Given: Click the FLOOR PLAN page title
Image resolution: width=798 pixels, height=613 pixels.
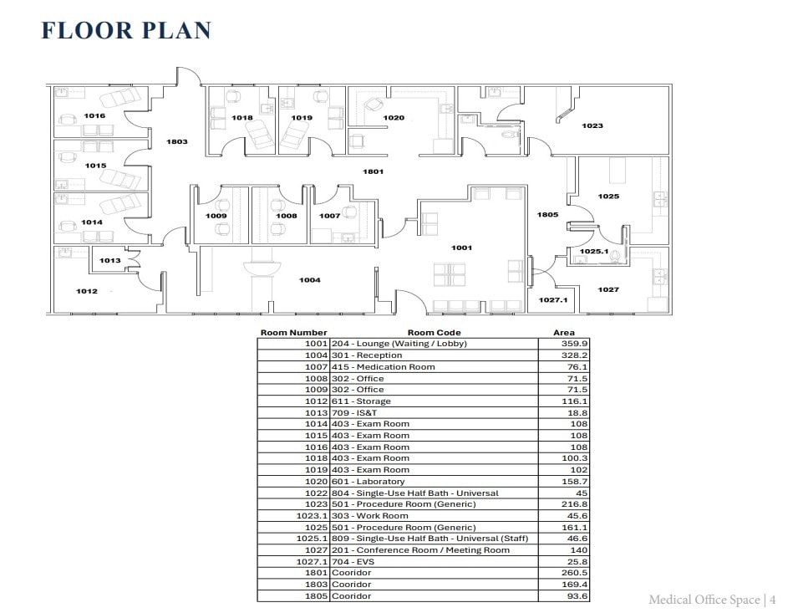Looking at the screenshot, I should tap(125, 30).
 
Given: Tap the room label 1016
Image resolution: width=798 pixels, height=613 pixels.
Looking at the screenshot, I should tap(94, 116).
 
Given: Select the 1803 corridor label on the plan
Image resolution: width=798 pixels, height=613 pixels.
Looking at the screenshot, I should tap(176, 142).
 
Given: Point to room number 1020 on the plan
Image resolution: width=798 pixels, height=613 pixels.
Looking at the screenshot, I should tap(394, 118).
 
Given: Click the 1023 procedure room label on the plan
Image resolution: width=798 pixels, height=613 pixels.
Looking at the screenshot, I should tap(592, 126).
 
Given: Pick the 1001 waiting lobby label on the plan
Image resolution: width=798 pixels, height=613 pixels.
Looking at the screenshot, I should tap(461, 248).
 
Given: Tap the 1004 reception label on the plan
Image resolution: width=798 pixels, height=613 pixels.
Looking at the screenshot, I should tap(309, 280).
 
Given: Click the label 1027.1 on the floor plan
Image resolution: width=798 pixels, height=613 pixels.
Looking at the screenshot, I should tap(552, 300).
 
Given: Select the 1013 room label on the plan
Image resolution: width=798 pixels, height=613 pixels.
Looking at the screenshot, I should tap(109, 261).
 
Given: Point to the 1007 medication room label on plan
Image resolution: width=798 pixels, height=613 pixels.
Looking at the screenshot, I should tap(329, 216).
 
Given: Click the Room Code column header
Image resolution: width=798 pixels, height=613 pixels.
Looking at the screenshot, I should tap(434, 333).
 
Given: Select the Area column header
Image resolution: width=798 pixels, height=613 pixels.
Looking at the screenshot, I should tap(564, 333).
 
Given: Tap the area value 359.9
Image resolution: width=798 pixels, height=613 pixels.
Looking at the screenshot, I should tap(575, 344).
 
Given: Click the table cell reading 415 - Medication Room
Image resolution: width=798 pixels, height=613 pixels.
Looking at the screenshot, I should tap(384, 367).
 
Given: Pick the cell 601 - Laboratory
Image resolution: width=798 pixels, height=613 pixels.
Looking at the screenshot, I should tap(369, 482).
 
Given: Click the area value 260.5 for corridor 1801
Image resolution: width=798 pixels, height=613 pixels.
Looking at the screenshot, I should tap(575, 573).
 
